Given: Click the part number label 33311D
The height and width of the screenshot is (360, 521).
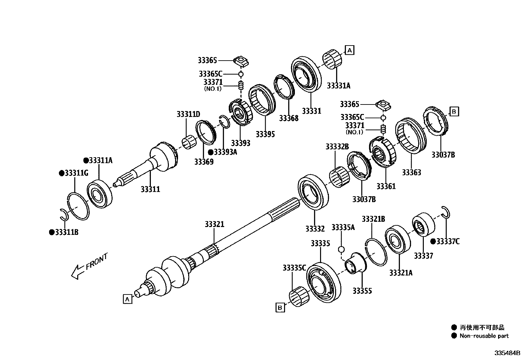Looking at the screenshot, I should click(188, 114).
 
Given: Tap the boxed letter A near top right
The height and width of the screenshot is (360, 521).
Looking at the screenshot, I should click(350, 50).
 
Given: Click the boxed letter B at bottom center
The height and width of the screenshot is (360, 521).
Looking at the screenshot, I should click(280, 308).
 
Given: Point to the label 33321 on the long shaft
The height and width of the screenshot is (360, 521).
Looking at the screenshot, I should click(214, 224).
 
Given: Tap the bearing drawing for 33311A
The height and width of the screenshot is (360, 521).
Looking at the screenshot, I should click(99, 195).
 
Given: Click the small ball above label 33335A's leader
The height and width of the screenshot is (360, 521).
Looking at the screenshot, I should click(341, 250).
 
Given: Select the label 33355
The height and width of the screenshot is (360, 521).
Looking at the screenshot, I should click(362, 291).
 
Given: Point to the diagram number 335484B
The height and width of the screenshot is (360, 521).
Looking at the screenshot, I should click(507, 353).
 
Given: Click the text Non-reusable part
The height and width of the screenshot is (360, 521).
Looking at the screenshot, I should click(484, 336).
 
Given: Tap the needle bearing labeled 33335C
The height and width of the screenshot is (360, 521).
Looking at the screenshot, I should click(299, 296).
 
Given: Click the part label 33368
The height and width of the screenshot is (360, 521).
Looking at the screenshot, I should click(289, 118).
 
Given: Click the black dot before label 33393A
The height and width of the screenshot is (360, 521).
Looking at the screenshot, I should click(211, 152).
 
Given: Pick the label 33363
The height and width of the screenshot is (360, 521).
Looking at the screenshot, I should click(411, 173).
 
